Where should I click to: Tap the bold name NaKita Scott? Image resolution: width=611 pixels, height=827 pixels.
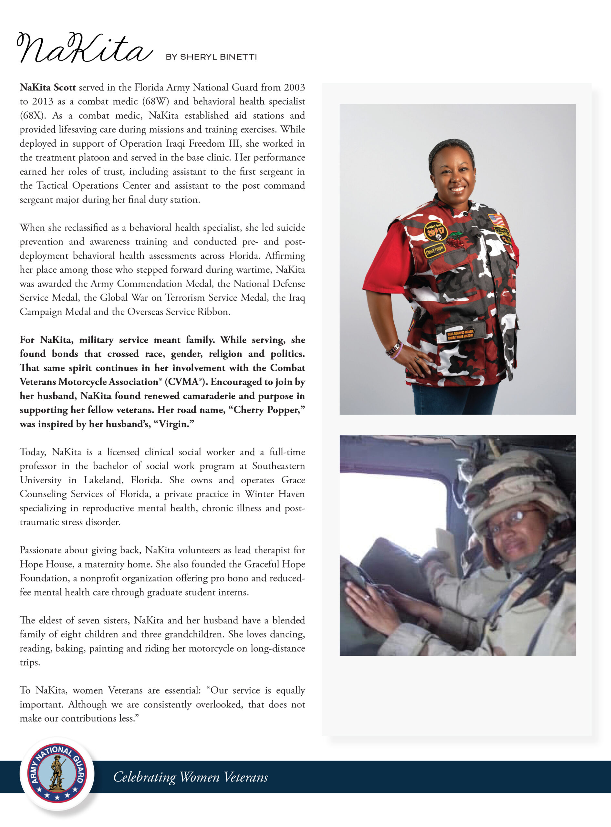click(48, 88)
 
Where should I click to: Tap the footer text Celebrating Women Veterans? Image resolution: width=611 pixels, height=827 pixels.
click(190, 777)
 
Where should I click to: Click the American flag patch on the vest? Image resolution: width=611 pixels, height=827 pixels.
click(496, 220)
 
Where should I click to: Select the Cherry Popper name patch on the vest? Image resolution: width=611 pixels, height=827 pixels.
click(435, 250)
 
